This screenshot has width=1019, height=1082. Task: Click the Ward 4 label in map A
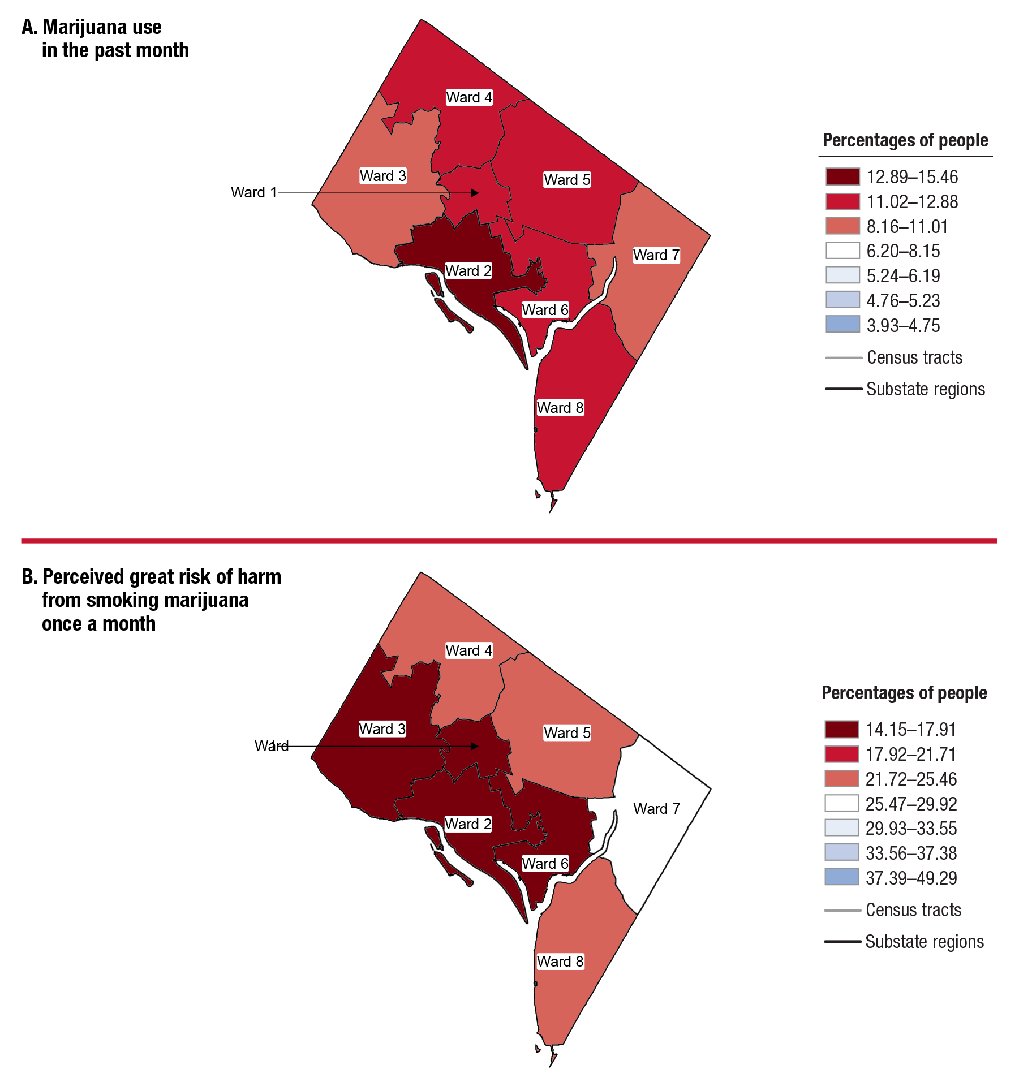point(469,97)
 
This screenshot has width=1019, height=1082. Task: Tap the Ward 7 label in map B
point(656,809)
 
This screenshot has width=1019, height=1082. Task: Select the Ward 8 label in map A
point(560,408)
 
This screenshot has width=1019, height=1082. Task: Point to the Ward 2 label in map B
point(468,824)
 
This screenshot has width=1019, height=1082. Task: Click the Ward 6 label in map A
point(545,310)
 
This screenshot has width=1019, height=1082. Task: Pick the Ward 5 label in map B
point(567,733)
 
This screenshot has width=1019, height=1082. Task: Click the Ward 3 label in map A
point(383,176)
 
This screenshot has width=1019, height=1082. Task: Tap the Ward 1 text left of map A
point(253,192)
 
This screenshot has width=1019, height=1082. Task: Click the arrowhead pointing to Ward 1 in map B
point(475,747)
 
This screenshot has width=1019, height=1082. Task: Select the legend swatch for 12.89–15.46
point(842,176)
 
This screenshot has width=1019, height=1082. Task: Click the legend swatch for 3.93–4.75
point(842,325)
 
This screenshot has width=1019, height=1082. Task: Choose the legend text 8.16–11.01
point(907,226)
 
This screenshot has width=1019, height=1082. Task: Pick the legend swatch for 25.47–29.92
point(841,803)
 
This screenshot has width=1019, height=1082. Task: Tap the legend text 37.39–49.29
point(911,878)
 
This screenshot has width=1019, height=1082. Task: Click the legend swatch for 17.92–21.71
point(841,754)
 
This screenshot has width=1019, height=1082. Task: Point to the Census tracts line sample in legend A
point(843,357)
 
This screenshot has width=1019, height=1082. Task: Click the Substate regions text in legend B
point(925,941)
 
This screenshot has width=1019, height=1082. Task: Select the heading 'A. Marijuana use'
point(92,27)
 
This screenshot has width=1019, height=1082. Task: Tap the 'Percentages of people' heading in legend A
point(905,140)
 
